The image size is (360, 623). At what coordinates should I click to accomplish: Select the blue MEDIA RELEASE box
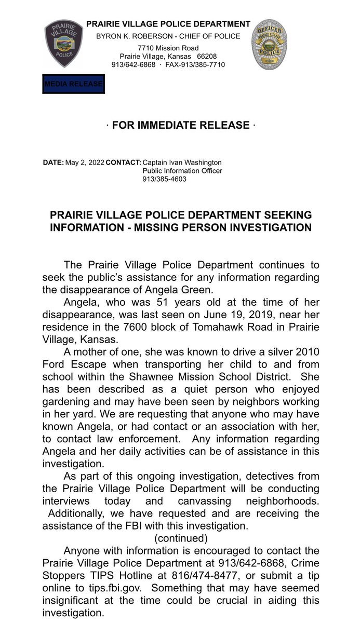click(73, 84)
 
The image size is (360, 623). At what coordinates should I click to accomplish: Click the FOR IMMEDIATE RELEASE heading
click(181, 125)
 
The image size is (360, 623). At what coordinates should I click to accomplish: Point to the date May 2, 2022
click(84, 162)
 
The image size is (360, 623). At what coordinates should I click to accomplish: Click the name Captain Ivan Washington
click(182, 162)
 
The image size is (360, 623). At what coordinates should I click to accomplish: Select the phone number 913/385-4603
click(164, 179)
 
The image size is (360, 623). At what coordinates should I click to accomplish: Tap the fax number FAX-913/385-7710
click(195, 65)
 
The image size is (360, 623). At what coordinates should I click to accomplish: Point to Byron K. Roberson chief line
click(168, 36)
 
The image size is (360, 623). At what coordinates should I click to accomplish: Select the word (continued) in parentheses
click(181, 538)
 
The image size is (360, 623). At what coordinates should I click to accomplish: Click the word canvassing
click(215, 501)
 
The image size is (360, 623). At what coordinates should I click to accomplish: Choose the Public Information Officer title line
click(182, 171)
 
